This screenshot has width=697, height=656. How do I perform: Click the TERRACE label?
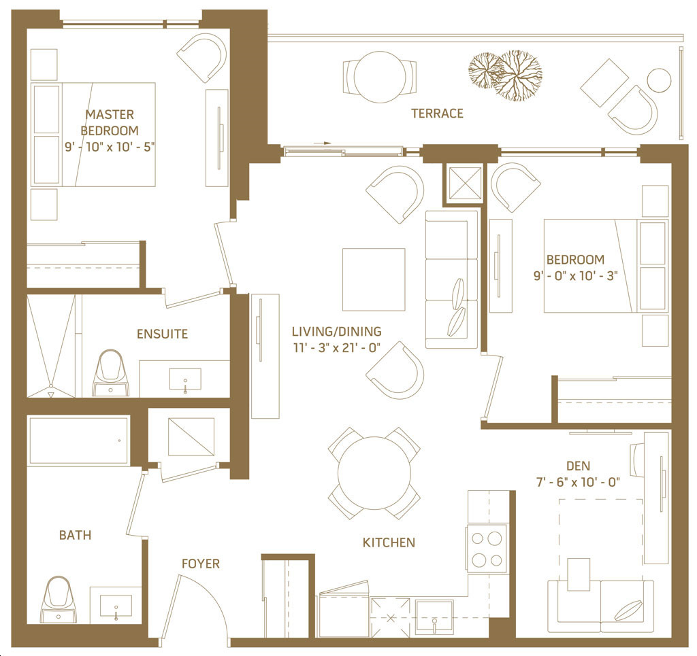pyautogui.click(x=438, y=114)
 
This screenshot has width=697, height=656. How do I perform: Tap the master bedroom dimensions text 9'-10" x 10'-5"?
pyautogui.click(x=110, y=147)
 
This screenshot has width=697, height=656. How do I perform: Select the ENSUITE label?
pyautogui.click(x=162, y=334)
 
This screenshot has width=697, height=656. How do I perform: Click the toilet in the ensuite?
pyautogui.click(x=110, y=373)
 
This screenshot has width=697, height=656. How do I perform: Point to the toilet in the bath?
pyautogui.click(x=59, y=600)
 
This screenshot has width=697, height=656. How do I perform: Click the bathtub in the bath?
pyautogui.click(x=79, y=441)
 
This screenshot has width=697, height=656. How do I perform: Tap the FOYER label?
pyautogui.click(x=201, y=564)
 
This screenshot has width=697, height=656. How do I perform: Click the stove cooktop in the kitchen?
pyautogui.click(x=487, y=549)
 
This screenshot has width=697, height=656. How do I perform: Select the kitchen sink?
pyautogui.click(x=434, y=617)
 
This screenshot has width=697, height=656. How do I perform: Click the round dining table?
pyautogui.click(x=374, y=473)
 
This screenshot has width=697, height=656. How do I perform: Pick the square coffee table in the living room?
pyautogui.click(x=374, y=279)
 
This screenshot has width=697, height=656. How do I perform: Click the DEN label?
pyautogui.click(x=578, y=466)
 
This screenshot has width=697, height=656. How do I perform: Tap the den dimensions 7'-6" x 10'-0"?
pyautogui.click(x=578, y=482)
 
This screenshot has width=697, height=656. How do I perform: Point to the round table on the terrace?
pyautogui.click(x=380, y=77)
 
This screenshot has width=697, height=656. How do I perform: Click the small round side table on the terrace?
pyautogui.click(x=659, y=80)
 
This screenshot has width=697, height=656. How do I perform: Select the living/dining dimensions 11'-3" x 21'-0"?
pyautogui.click(x=336, y=348)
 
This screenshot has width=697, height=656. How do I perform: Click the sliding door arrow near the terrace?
pyautogui.click(x=322, y=143)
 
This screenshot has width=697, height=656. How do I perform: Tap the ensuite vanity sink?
pyautogui.click(x=185, y=379)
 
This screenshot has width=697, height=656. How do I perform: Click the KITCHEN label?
pyautogui.click(x=389, y=542)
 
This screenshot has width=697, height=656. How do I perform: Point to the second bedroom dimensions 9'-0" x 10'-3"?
pyautogui.click(x=575, y=276)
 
